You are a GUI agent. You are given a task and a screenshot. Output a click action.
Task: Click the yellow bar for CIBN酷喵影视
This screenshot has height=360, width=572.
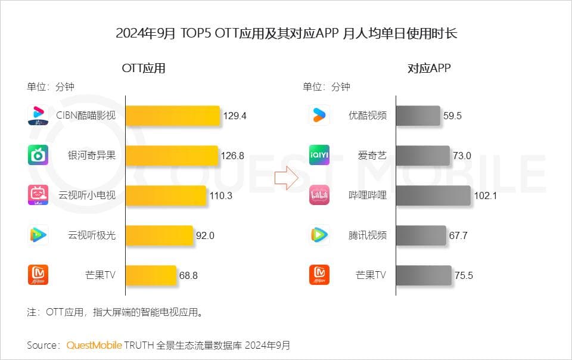click(173, 116)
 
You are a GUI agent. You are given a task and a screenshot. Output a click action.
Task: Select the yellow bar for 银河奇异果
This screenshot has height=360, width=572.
click(172, 156)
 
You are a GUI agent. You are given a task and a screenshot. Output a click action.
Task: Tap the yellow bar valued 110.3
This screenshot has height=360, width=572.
click(166, 195)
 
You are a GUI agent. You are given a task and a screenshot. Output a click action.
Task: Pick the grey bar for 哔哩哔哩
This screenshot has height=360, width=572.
click(433, 195)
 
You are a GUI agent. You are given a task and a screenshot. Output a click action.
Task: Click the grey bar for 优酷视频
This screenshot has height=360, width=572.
click(418, 116)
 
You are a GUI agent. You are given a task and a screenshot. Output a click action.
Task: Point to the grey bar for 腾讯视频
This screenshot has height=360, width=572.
click(421, 235)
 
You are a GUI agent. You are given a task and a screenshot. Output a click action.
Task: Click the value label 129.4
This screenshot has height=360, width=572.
click(235, 116)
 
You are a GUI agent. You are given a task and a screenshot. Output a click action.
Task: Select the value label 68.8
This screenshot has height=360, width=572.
click(188, 275)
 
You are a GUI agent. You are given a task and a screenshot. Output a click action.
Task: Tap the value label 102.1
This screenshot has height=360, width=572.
click(485, 195)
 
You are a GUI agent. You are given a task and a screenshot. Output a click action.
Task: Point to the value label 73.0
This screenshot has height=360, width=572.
click(462, 156)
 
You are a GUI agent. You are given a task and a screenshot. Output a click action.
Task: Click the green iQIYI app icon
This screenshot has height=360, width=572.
click(319, 155)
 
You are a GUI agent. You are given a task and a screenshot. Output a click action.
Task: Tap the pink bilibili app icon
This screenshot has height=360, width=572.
click(319, 195)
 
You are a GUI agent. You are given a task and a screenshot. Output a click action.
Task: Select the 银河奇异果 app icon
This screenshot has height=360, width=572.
click(38, 155)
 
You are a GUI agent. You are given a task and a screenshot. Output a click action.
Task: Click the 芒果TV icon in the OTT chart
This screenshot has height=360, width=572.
click(38, 275)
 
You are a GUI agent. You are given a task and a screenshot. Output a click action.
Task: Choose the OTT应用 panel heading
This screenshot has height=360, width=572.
click(144, 68)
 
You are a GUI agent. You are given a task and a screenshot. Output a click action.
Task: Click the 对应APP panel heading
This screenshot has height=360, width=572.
click(429, 68)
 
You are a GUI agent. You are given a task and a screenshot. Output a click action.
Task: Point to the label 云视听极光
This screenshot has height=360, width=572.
click(92, 235)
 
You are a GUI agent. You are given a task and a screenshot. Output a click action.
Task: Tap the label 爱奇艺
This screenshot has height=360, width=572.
click(372, 156)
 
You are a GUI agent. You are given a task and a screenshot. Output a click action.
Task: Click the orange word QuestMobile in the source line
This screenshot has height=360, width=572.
click(94, 345)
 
